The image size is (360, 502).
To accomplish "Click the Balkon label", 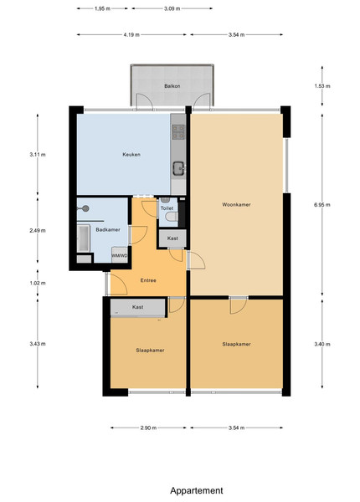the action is (x=172, y=86).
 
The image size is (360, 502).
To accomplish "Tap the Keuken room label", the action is (x=131, y=154).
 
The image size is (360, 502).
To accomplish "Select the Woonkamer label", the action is (x=236, y=205).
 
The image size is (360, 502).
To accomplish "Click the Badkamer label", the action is (x=108, y=229).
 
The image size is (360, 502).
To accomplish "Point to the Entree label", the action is (x=148, y=280).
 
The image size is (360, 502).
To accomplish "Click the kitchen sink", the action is (x=178, y=169).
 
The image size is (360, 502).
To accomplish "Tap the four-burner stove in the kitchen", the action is (x=178, y=132).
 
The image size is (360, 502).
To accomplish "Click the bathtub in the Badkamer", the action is (x=84, y=238).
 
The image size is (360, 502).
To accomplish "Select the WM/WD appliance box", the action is (x=120, y=255).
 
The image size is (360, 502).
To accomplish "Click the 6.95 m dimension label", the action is (x=322, y=205).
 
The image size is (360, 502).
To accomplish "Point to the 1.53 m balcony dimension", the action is (x=322, y=86).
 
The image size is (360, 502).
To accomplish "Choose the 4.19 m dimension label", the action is (x=131, y=34).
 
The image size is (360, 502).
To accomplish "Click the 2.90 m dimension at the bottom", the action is (x=149, y=428).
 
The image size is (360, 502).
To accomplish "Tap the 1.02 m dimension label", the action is (x=38, y=283).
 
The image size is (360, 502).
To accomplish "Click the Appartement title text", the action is (x=197, y=490).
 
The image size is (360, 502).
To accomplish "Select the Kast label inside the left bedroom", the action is (x=138, y=307).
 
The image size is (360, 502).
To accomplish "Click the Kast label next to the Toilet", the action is (x=172, y=238).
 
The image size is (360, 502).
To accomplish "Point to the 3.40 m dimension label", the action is (x=322, y=344).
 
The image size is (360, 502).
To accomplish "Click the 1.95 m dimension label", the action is (x=102, y=8).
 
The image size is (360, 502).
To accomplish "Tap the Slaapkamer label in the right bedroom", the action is (x=236, y=344).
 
